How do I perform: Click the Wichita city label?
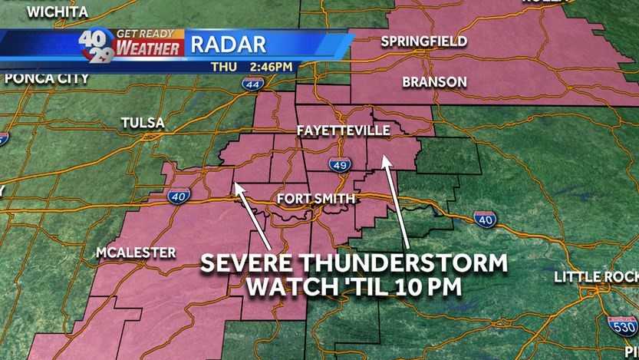click(57, 12)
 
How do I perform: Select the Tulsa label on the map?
click(143, 123)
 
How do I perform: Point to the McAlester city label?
click(137, 253)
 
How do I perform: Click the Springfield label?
click(423, 41)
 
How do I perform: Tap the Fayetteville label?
click(343, 131)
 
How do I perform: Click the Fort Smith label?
click(316, 200)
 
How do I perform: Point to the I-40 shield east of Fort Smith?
click(483, 219)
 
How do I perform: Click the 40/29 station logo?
click(95, 45)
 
